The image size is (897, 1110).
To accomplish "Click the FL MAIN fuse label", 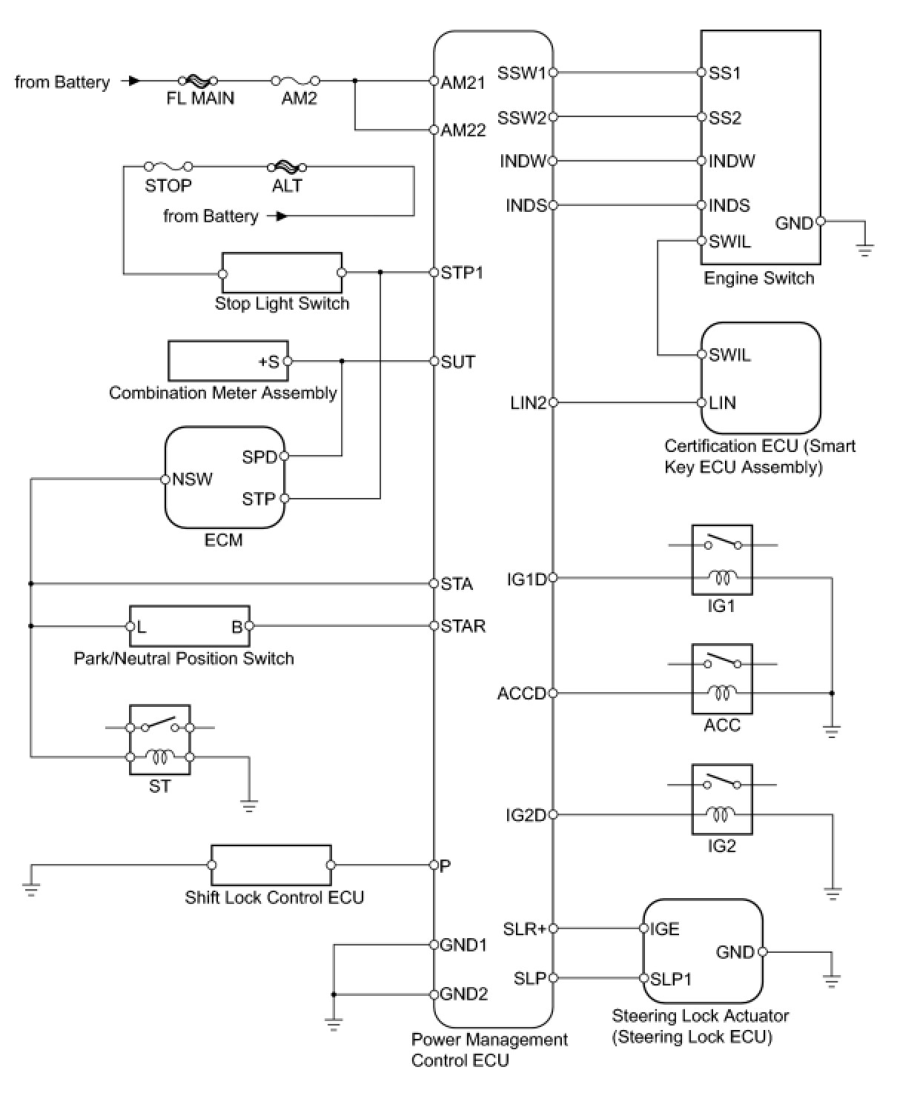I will [x=200, y=99].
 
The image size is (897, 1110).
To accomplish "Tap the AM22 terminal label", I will [x=463, y=130].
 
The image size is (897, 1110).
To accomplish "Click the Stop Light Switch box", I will [x=282, y=273].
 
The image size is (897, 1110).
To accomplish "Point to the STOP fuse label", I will [x=168, y=185].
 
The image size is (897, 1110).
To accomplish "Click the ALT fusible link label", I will [x=287, y=185].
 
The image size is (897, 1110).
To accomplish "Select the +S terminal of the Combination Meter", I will [x=269, y=362].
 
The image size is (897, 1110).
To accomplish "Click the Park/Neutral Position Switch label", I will [x=184, y=658].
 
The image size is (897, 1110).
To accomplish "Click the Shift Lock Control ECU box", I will [x=271, y=865].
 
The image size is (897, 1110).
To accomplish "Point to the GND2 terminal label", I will [x=463, y=994].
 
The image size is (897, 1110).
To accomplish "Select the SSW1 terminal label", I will [x=521, y=73].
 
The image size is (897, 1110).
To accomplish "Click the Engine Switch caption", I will [x=758, y=279].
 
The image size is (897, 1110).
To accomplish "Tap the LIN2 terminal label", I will [x=528, y=403].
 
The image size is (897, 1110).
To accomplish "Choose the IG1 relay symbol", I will [x=721, y=560].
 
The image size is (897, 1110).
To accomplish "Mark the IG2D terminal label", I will [x=526, y=815].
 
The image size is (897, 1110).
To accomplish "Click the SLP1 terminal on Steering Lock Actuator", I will [x=670, y=979].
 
